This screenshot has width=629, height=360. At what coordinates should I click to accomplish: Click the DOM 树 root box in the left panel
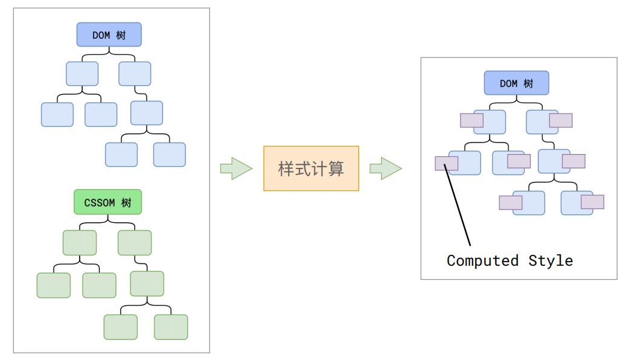tap(109, 35)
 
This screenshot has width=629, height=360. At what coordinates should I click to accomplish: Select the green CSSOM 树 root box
tap(107, 202)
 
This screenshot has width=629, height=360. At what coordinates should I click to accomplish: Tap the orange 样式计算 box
tap(311, 169)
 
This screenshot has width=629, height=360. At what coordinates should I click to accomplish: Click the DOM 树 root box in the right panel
tap(516, 83)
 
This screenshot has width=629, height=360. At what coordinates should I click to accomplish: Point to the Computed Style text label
tap(509, 261)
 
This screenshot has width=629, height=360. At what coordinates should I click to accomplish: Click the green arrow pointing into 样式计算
tap(235, 169)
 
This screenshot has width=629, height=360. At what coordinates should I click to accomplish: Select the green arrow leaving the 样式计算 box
tap(385, 169)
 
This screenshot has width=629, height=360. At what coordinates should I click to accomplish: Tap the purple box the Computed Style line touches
tap(446, 164)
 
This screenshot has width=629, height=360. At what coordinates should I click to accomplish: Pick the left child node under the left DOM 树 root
tap(81, 74)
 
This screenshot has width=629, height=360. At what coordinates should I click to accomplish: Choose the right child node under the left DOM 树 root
tap(135, 74)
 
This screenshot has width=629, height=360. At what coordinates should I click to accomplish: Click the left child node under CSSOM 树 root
tap(80, 243)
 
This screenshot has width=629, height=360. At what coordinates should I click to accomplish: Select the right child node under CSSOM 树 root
tap(135, 243)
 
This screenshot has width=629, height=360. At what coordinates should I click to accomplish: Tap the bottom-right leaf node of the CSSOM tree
tap(171, 327)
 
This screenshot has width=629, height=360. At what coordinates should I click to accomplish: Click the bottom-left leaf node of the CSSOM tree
tap(121, 327)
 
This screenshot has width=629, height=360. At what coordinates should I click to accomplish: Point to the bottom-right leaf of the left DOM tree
tap(169, 155)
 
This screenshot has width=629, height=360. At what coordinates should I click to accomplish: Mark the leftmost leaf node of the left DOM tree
tap(57, 115)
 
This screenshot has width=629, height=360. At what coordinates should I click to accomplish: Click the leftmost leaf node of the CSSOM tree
tap(53, 285)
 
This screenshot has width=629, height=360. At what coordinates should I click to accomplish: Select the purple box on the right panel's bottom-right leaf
tap(592, 202)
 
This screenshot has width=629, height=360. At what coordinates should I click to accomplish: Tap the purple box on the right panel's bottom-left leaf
tap(511, 202)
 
